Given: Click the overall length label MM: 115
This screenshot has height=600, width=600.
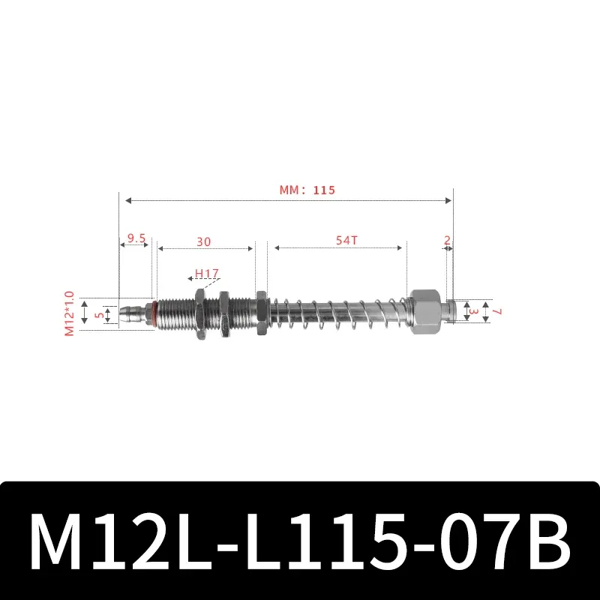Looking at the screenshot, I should coord(307,190).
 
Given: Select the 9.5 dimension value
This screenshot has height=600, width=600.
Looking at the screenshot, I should coord(136,238).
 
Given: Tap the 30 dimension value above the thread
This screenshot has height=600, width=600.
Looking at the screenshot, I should coord(203,241).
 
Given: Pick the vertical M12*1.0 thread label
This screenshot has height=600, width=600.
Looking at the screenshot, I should coord(70,313).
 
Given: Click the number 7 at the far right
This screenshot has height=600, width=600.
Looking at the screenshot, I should coord(496,311).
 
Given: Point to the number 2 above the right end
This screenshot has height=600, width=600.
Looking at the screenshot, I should coord(447,241).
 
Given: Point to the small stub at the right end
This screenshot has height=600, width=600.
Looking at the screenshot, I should coord(449,311).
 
